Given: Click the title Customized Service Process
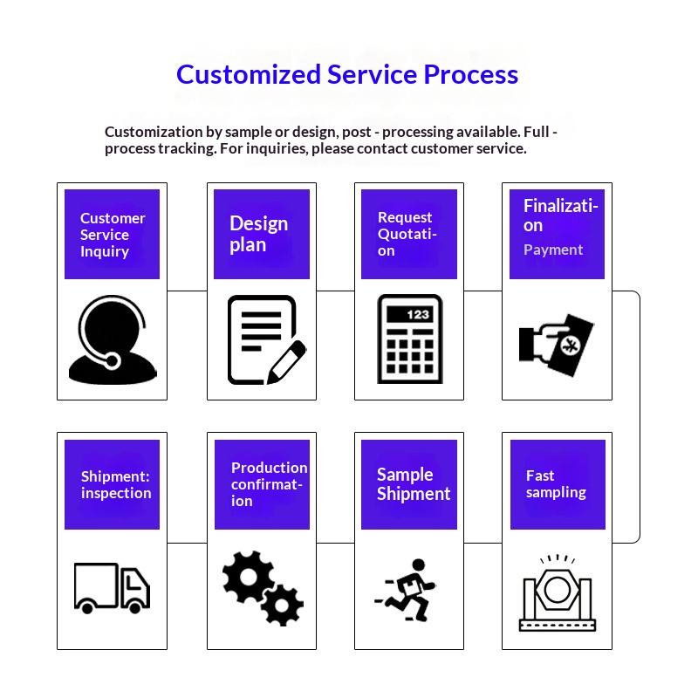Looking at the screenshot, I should [x=347, y=74].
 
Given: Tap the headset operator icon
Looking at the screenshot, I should [x=112, y=340].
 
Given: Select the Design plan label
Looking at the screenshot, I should [x=258, y=234].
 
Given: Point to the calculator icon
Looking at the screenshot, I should [x=409, y=339].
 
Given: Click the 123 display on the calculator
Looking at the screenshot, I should [x=418, y=314].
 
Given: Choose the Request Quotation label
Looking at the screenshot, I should [x=407, y=234].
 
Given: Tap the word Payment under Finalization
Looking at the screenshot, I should [x=553, y=250].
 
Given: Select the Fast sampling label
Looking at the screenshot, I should [x=556, y=484].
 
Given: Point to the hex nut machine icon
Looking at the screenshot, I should [x=556, y=593].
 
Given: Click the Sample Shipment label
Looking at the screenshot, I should [x=413, y=484].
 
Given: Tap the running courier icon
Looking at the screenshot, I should [x=408, y=590].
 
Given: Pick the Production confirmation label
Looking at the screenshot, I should [x=269, y=484].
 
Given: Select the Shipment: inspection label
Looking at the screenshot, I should [x=116, y=485].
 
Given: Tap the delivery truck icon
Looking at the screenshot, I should [x=112, y=586].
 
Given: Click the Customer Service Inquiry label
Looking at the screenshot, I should [x=113, y=235].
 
